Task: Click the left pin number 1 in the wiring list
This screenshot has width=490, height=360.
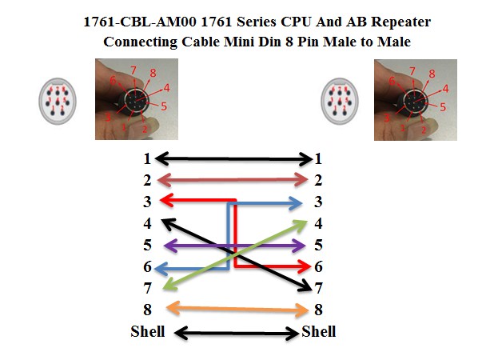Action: [147, 158]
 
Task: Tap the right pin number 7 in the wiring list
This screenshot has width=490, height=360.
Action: [318, 288]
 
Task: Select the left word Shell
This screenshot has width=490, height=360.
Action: [148, 331]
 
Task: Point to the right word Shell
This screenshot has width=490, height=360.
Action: [319, 331]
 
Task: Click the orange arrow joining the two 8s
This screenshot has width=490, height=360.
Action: [238, 310]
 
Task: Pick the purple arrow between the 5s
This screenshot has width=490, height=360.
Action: [234, 246]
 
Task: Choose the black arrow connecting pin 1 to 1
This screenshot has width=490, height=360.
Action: [233, 159]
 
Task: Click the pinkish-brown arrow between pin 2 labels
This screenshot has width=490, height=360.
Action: [233, 180]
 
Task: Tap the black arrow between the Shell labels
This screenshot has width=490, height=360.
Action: [237, 333]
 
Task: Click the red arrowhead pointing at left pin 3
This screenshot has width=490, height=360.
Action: [166, 200]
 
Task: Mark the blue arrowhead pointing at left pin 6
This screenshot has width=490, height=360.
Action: [161, 269]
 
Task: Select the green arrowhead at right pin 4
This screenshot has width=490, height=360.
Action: [301, 225]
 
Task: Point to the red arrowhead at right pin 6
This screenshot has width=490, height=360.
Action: [304, 266]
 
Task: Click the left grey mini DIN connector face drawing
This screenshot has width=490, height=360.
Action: [58, 101]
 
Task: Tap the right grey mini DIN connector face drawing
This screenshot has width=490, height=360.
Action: [340, 101]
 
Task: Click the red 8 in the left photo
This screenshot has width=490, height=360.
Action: [153, 73]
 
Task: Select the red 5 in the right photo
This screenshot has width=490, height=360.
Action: [443, 107]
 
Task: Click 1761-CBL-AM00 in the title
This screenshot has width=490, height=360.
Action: [140, 22]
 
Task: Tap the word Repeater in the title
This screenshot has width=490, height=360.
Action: [401, 22]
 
